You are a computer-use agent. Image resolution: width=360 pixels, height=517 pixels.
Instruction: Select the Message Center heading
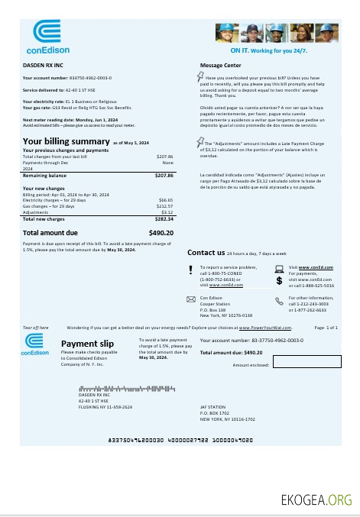click(221, 66)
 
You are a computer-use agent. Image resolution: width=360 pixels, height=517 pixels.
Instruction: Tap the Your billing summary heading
click(66, 141)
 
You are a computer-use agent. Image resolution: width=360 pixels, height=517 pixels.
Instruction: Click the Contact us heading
click(206, 253)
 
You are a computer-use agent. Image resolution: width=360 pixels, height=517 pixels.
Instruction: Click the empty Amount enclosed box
click(306, 362)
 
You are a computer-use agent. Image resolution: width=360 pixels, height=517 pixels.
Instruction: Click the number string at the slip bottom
click(180, 440)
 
